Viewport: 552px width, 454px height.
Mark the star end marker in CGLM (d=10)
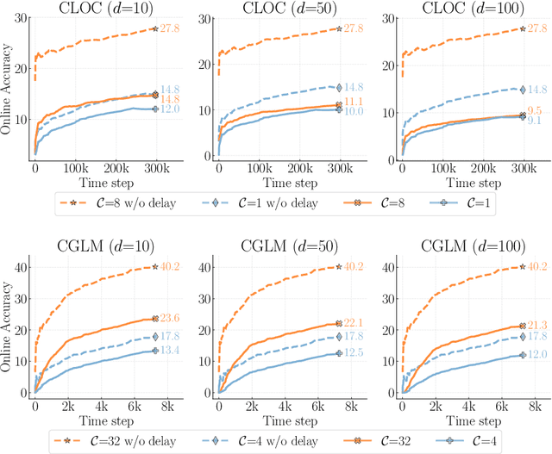coord(155,267)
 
